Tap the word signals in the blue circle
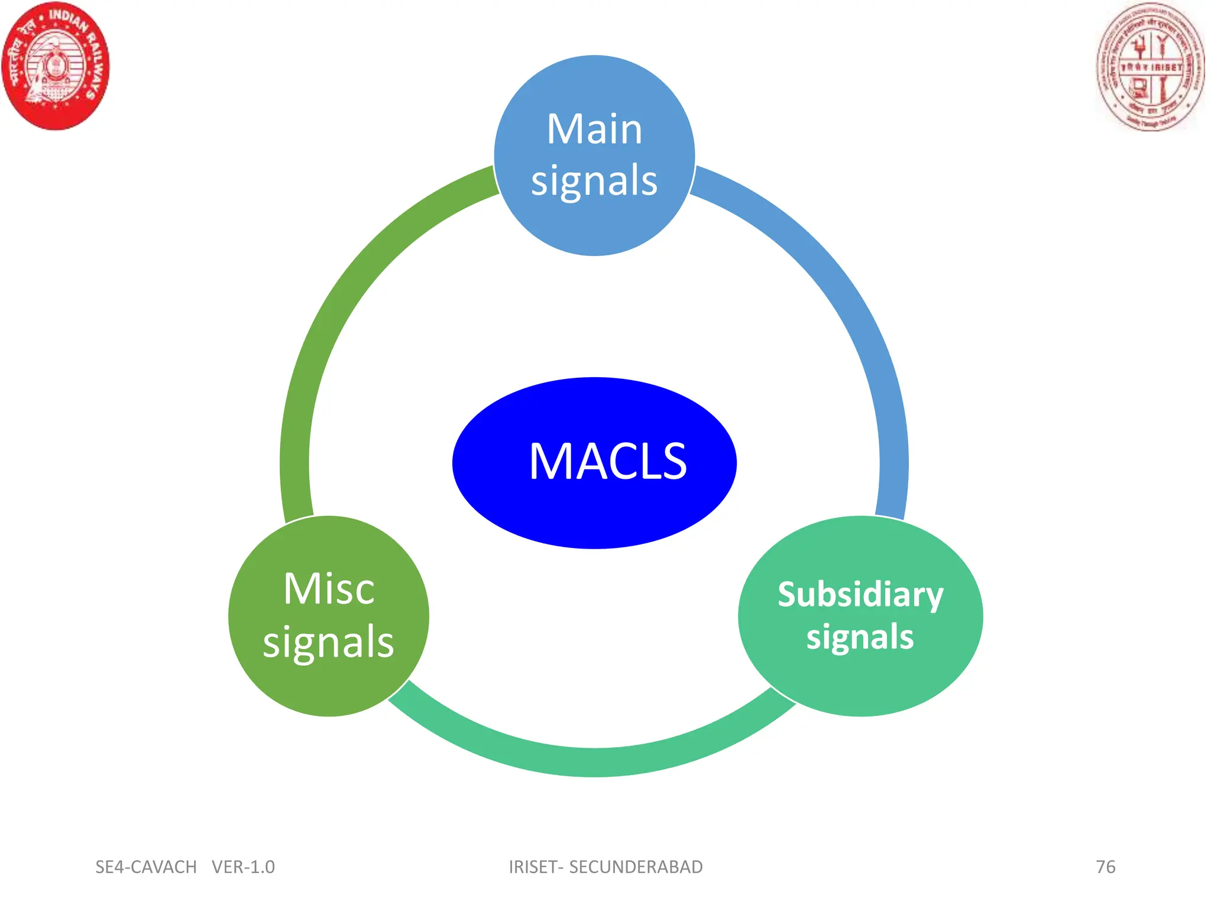(x=594, y=180)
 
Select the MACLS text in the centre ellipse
(x=607, y=462)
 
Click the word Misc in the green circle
(x=329, y=589)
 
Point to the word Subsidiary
(x=860, y=595)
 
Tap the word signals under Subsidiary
(x=860, y=637)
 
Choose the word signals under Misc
(x=329, y=642)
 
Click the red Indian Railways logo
(x=56, y=66)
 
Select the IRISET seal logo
(x=1150, y=67)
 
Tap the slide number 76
(x=1105, y=867)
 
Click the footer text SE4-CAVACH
(x=146, y=867)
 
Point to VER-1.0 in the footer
(x=243, y=867)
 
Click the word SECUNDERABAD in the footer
(x=636, y=867)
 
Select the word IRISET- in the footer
(x=536, y=867)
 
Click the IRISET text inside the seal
(x=1166, y=67)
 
